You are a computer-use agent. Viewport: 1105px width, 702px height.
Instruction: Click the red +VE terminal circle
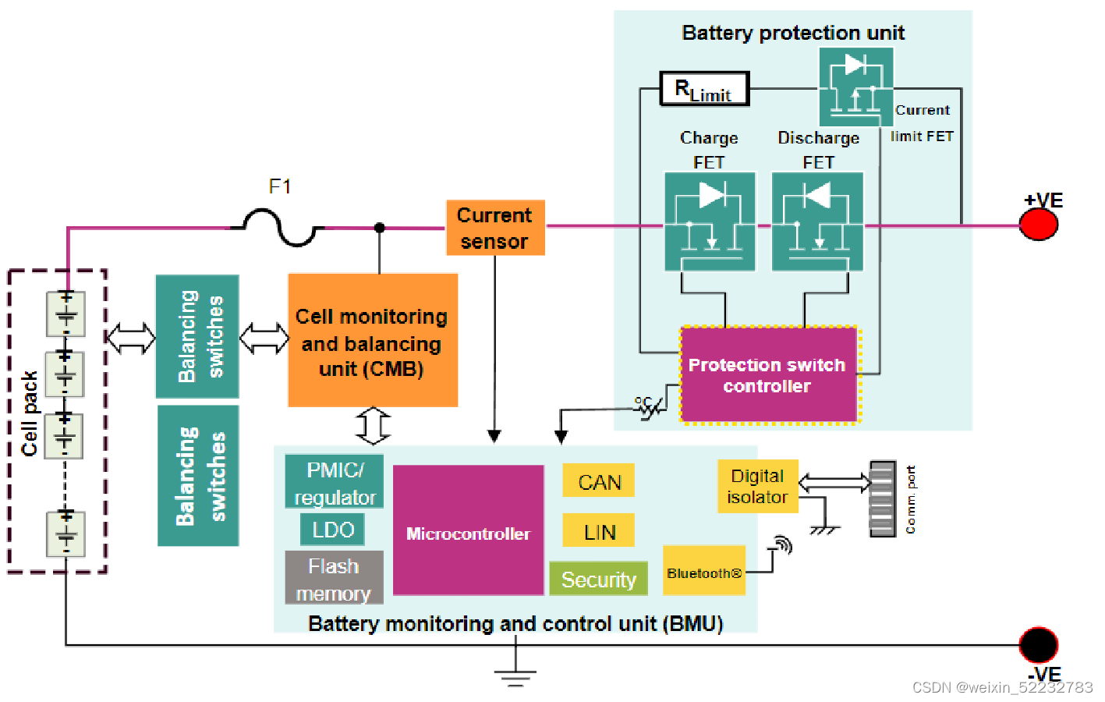tap(1039, 225)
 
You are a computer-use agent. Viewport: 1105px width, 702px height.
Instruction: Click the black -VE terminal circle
tap(1039, 644)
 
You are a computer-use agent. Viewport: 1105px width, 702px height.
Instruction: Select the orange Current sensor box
tap(495, 228)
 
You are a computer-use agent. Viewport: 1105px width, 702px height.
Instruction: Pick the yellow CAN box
tap(599, 481)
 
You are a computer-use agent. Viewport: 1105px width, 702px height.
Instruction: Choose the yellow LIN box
tap(599, 530)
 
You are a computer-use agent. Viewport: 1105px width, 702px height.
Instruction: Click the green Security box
tap(598, 579)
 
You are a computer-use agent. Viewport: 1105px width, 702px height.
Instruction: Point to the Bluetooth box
tap(704, 571)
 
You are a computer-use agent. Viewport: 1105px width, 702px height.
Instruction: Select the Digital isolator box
tap(758, 486)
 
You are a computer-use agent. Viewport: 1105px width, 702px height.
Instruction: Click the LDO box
tap(333, 530)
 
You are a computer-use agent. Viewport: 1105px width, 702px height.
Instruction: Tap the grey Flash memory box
tap(334, 578)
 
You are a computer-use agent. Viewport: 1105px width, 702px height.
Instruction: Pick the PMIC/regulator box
tap(335, 482)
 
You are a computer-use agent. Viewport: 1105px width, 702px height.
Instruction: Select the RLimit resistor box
tap(704, 89)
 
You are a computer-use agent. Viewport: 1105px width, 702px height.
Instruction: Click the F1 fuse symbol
tap(280, 227)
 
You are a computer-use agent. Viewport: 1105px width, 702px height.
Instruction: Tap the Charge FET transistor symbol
tap(710, 222)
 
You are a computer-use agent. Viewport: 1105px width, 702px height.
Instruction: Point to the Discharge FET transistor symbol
tap(817, 222)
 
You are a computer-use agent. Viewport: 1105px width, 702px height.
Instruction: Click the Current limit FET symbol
tap(855, 87)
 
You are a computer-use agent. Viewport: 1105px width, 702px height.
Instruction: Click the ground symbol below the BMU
tap(514, 675)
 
